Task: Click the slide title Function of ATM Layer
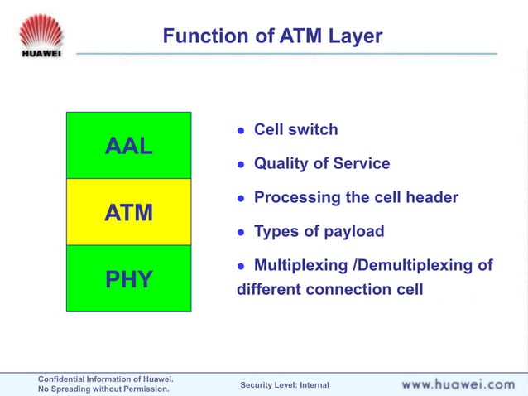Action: (x=272, y=36)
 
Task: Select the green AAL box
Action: (x=128, y=146)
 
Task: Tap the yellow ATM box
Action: (x=128, y=212)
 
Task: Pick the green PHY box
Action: (x=128, y=279)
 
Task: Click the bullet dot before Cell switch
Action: (x=242, y=131)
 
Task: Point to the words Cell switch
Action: (x=295, y=130)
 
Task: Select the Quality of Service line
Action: (x=321, y=164)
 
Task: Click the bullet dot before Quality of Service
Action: (x=242, y=165)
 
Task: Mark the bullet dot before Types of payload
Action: (x=242, y=233)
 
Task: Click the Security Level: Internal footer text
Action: (x=284, y=385)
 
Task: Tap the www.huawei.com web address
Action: (x=458, y=384)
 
